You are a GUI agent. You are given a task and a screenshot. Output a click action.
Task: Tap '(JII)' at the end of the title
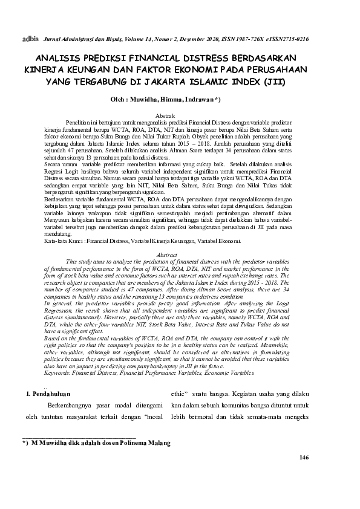pyautogui.click(x=279, y=80)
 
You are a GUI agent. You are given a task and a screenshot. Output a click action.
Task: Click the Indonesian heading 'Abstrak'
pyautogui.click(x=166, y=115)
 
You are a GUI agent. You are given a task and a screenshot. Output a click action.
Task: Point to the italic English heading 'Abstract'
pyautogui.click(x=166, y=255)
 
